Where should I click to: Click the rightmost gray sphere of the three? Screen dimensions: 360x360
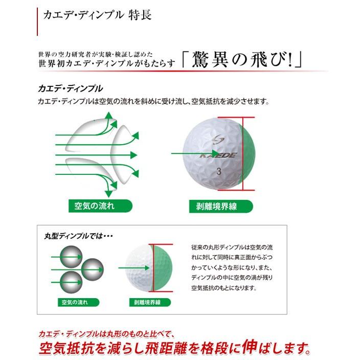(x=93, y=267)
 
